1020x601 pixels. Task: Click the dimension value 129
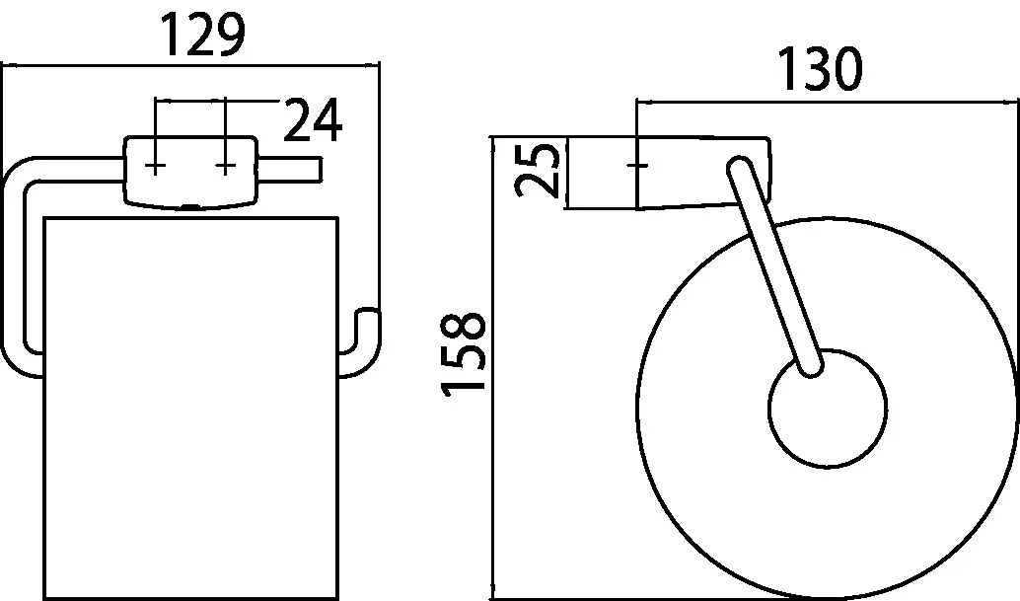pyautogui.click(x=202, y=38)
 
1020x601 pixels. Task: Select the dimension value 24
pyautogui.click(x=313, y=121)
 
